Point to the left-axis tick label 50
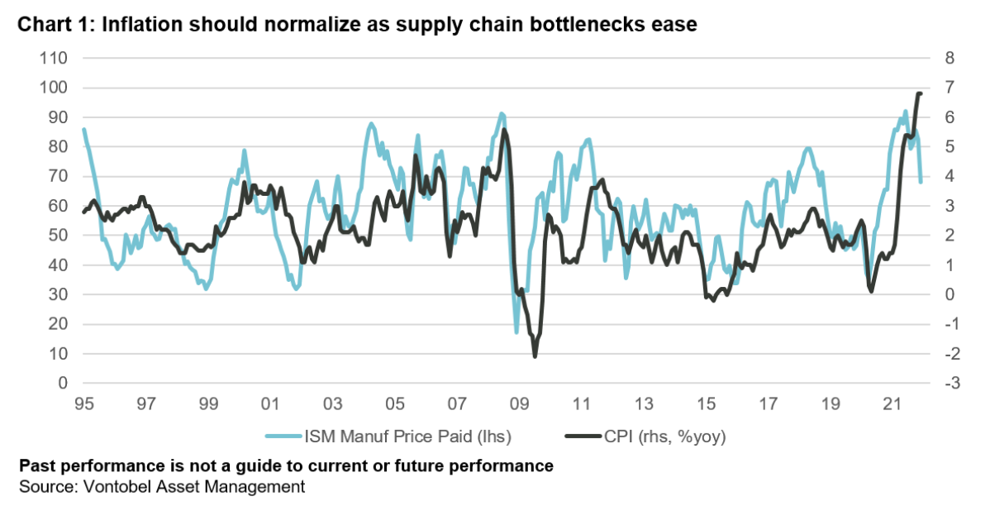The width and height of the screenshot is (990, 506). pyautogui.click(x=57, y=236)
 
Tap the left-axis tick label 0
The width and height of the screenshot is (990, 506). pyautogui.click(x=61, y=384)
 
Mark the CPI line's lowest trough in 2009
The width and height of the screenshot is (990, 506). pyautogui.click(x=535, y=356)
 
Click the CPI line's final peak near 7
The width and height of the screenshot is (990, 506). pyautogui.click(x=919, y=93)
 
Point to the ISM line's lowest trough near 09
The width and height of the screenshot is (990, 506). pyautogui.click(x=517, y=332)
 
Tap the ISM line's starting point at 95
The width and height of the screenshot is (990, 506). pyautogui.click(x=83, y=129)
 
